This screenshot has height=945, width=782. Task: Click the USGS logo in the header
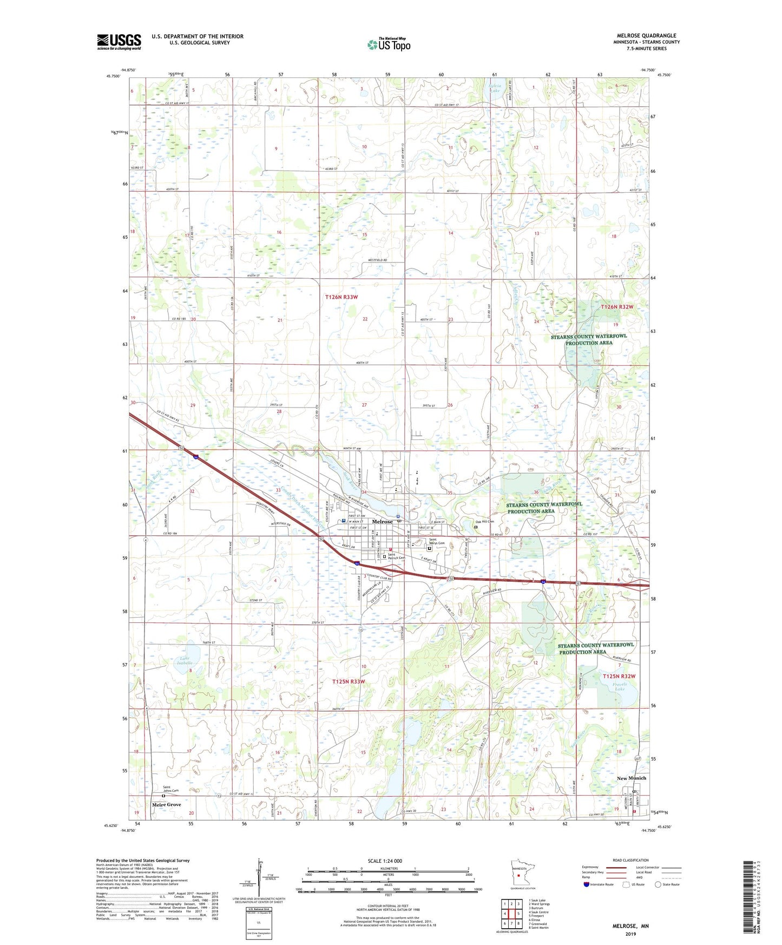pyautogui.click(x=119, y=42)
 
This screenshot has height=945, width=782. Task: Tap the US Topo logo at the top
pyautogui.click(x=389, y=44)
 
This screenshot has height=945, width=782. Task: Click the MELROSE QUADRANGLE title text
pyautogui.click(x=646, y=36)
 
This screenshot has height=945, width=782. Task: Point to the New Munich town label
pyautogui.click(x=631, y=778)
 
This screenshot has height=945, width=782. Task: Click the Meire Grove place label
pyautogui.click(x=166, y=805)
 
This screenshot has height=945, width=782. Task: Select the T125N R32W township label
pyautogui.click(x=618, y=676)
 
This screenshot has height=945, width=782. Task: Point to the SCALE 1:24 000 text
pyautogui.click(x=385, y=861)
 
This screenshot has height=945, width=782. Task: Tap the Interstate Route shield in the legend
pyautogui.click(x=587, y=884)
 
